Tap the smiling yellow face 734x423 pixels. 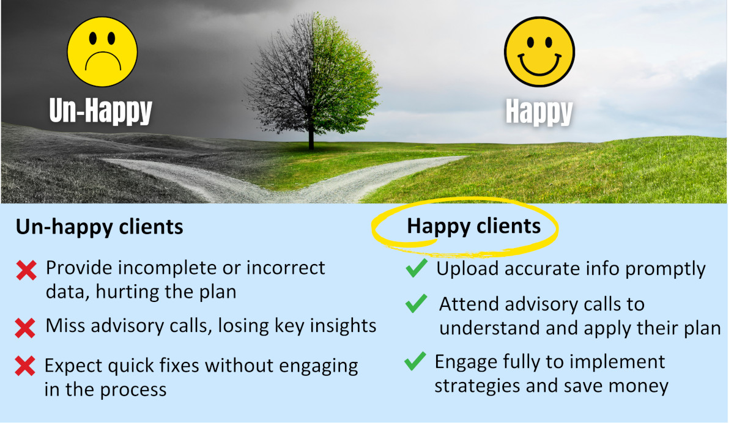pyautogui.click(x=539, y=51)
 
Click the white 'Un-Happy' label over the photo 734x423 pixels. pyautogui.click(x=100, y=111)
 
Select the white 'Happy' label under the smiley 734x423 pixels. pyautogui.click(x=539, y=112)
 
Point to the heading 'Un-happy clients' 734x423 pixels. pyautogui.click(x=99, y=227)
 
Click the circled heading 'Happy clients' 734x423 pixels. pyautogui.click(x=473, y=226)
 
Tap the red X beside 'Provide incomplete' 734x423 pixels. pyautogui.click(x=26, y=271)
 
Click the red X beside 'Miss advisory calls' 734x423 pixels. pyautogui.click(x=25, y=328)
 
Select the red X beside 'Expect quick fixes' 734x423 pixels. pyautogui.click(x=25, y=367)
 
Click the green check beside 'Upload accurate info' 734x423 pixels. pyautogui.click(x=416, y=268)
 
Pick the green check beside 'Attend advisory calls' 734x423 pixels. pyautogui.click(x=416, y=303)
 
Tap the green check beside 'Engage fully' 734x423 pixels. pyautogui.click(x=415, y=362)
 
